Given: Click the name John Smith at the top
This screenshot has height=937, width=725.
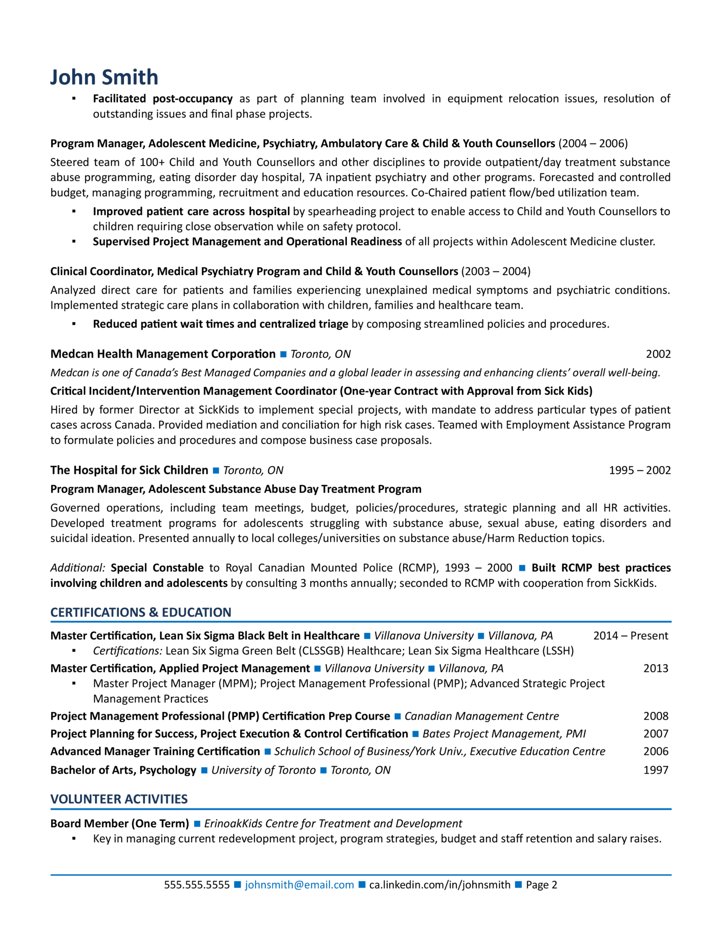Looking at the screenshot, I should pyautogui.click(x=104, y=77).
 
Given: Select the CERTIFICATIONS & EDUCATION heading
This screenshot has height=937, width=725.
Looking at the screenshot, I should pyautogui.click(x=141, y=612).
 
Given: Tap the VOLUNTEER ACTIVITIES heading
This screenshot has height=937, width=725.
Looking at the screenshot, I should pyautogui.click(x=119, y=799).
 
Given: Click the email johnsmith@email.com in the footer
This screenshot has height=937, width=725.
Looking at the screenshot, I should pyautogui.click(x=299, y=884).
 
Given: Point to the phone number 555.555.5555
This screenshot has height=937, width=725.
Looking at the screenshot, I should pyautogui.click(x=197, y=884).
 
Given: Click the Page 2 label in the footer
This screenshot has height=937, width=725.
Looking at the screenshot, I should pyautogui.click(x=541, y=884).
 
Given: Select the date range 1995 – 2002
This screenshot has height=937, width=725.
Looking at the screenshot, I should pyautogui.click(x=639, y=470).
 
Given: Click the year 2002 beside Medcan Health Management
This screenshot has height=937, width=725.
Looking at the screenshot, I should pyautogui.click(x=658, y=354).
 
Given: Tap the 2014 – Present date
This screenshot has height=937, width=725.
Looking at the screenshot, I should pyautogui.click(x=631, y=635).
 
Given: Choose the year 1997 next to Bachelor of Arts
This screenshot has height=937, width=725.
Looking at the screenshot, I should pyautogui.click(x=656, y=770).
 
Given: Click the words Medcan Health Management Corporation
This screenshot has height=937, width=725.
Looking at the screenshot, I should pyautogui.click(x=163, y=354).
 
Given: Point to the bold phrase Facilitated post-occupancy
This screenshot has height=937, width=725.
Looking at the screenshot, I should pyautogui.click(x=162, y=99).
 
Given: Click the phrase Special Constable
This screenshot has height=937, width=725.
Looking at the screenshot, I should pyautogui.click(x=157, y=568).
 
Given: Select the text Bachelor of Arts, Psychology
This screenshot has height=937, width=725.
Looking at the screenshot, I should pyautogui.click(x=123, y=770).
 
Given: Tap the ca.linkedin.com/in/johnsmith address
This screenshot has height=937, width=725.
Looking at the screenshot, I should pyautogui.click(x=439, y=884).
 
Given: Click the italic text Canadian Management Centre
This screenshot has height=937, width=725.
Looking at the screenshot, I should pyautogui.click(x=482, y=716).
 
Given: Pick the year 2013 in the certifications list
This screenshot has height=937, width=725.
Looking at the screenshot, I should pyautogui.click(x=656, y=668).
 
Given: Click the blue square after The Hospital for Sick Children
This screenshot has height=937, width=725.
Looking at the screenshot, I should pyautogui.click(x=216, y=470).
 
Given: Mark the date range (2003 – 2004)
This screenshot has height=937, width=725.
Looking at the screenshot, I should pyautogui.click(x=496, y=271).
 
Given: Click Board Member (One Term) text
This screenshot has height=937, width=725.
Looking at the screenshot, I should pyautogui.click(x=119, y=824).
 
